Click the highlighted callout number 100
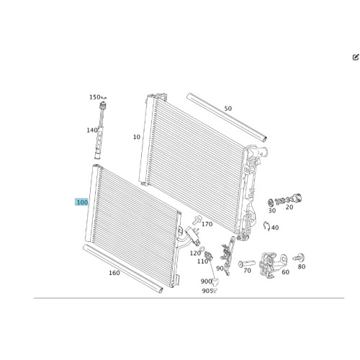point(81,202)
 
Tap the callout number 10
point(137,137)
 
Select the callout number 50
point(228,109)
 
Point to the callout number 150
point(95,97)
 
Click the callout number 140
point(92,130)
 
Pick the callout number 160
point(114,273)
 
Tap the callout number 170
point(207,224)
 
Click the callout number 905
point(207,291)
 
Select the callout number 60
point(285,272)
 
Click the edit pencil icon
point(356,57)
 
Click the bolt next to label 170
point(196,220)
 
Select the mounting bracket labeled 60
point(272,264)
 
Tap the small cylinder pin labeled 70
point(247,264)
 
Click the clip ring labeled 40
point(266,226)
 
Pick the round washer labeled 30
point(271,203)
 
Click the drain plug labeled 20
point(289,199)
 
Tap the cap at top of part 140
point(103,105)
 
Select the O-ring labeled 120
point(202,248)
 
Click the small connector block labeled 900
point(215,282)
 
